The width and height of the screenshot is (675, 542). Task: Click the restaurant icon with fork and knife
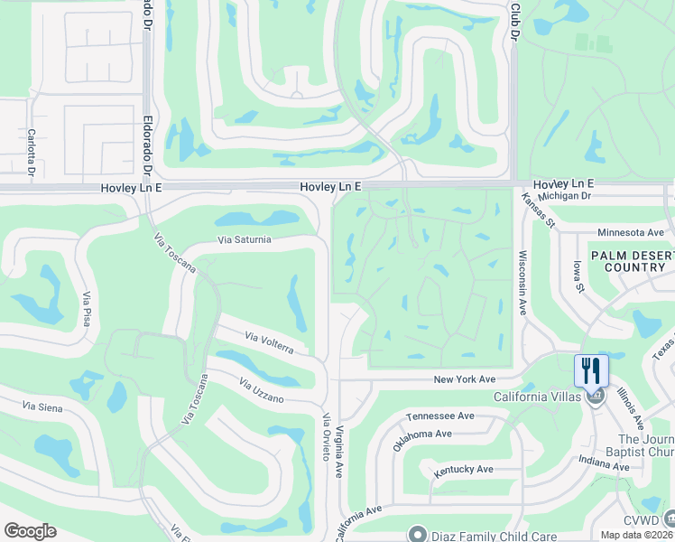coord(592,370)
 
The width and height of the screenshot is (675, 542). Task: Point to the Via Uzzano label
coord(262,391)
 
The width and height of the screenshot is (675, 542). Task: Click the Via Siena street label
coord(38,408)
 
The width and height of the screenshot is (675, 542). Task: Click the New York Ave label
coord(465,379)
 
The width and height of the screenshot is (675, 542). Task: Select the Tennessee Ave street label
coord(440,416)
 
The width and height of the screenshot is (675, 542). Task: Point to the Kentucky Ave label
coord(463,470)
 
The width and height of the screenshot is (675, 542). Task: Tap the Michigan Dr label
coord(563,195)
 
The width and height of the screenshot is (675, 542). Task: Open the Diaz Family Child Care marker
coord(416,533)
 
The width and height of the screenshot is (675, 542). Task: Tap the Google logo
coord(30,531)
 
